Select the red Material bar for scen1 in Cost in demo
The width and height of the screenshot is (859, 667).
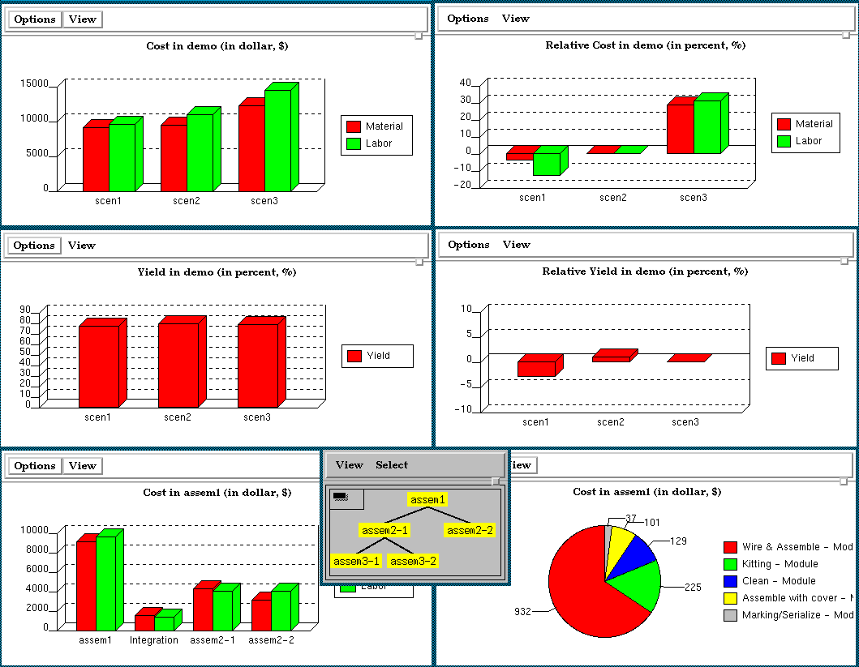[x=96, y=158]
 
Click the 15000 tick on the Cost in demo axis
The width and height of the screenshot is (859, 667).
[x=33, y=83]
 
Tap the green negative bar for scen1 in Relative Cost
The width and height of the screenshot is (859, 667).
[x=546, y=164]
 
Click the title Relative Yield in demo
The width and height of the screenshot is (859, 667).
[x=644, y=272]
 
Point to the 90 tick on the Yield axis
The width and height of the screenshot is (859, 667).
[x=25, y=309]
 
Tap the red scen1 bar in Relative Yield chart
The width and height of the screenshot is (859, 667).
[x=536, y=368]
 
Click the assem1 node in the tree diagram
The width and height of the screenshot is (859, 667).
[x=427, y=500]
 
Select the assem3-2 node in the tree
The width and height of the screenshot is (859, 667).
[x=412, y=561]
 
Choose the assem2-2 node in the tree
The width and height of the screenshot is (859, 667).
[x=470, y=530]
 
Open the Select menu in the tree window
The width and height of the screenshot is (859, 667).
[x=392, y=465]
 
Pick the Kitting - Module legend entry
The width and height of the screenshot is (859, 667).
[x=780, y=564]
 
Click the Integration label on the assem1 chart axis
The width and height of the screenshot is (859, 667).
[x=154, y=640]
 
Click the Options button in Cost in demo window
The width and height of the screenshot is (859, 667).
[x=34, y=19]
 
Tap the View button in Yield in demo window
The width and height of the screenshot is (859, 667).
[x=82, y=246]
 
